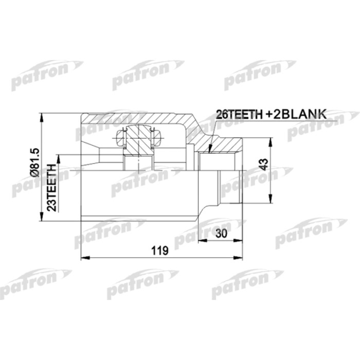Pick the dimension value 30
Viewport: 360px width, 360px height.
pyautogui.click(x=222, y=233)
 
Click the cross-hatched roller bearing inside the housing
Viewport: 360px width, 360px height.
pyautogui.click(x=139, y=140)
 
